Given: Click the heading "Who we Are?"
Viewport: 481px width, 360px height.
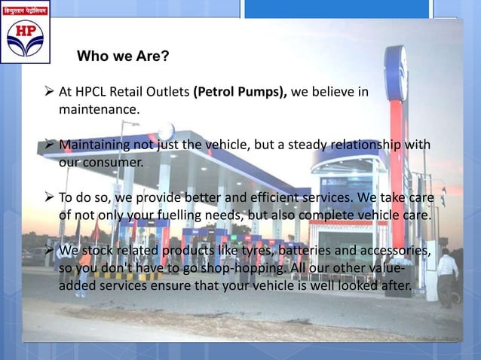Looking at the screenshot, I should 124,56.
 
